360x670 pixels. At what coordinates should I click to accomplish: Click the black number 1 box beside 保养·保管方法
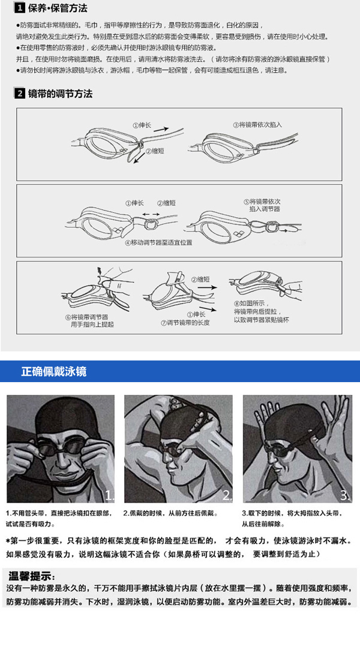coord(20,8)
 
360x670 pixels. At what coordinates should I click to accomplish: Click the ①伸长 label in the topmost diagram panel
coord(143,125)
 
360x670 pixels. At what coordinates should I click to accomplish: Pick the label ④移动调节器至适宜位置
coord(158,243)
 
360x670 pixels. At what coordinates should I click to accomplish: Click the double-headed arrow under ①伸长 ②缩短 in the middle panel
coord(151,214)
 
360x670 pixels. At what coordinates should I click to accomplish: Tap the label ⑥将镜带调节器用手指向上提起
coord(89,321)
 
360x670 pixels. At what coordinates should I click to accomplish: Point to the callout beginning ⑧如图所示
coord(261,311)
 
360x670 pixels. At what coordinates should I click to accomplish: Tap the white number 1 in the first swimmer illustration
coord(109,495)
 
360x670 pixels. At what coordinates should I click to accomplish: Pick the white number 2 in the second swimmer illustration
coord(227,495)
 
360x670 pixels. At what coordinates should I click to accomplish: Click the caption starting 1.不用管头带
coord(59,518)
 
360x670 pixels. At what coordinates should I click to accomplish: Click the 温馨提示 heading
coord(34,573)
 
